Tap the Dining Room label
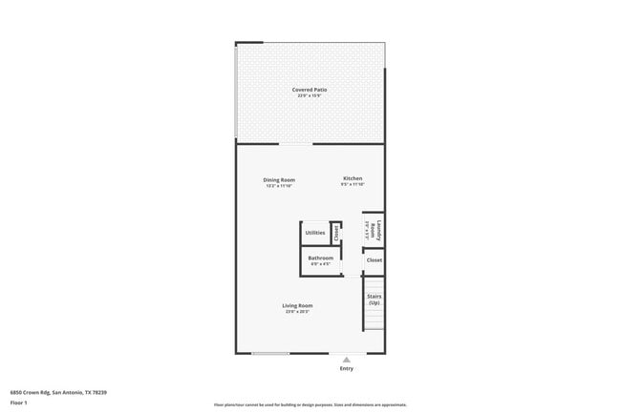click(x=279, y=179)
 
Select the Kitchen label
click(x=353, y=178)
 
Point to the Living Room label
click(x=297, y=305)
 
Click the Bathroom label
click(x=320, y=258)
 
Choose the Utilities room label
click(x=314, y=233)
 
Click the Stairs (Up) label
click(x=375, y=299)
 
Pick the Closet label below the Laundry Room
click(x=375, y=259)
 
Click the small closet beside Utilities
click(x=335, y=232)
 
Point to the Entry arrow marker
click(x=346, y=360)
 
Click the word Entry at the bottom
click(x=346, y=368)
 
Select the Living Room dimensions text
click(x=297, y=311)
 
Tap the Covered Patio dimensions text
click(x=310, y=95)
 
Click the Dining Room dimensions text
click(x=279, y=185)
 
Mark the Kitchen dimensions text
click(x=353, y=185)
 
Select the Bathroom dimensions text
click(x=320, y=263)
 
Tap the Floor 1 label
click(x=18, y=403)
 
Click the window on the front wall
click(x=270, y=354)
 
